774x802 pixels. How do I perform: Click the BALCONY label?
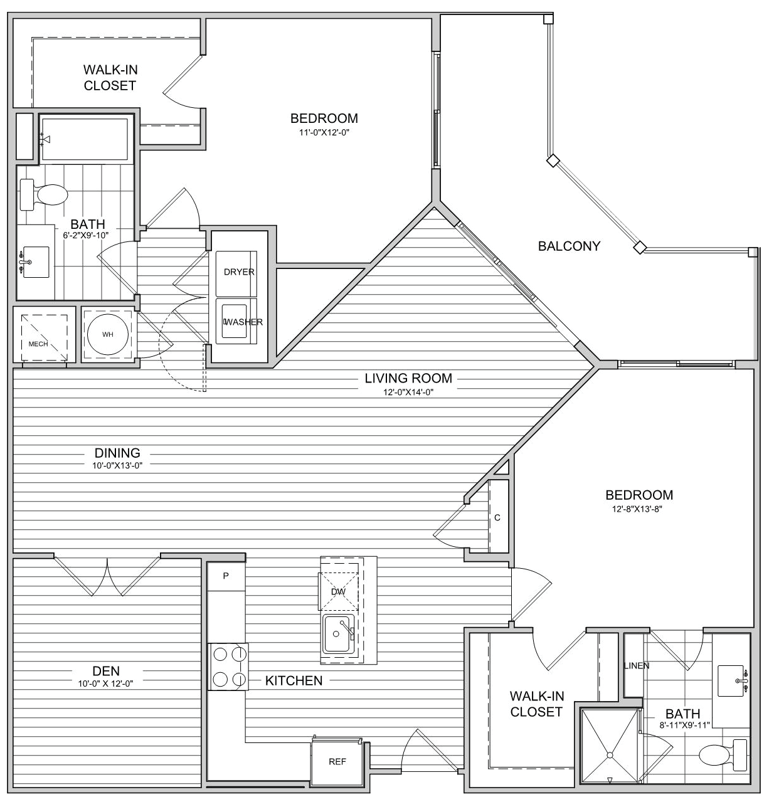[569, 246]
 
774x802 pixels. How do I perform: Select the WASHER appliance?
[236, 321]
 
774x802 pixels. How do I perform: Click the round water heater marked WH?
[107, 334]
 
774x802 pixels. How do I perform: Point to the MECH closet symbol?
[44, 337]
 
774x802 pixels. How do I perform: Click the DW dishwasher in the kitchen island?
[338, 591]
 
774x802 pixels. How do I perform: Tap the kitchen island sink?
[338, 633]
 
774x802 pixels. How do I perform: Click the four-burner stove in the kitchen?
[228, 667]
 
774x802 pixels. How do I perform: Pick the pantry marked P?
[226, 576]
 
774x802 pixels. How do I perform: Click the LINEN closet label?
[637, 665]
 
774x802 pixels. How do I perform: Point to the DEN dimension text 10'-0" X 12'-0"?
[105, 683]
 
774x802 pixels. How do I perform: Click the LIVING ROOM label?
[408, 378]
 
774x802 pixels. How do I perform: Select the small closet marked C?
[498, 517]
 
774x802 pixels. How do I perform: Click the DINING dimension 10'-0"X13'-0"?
[117, 465]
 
